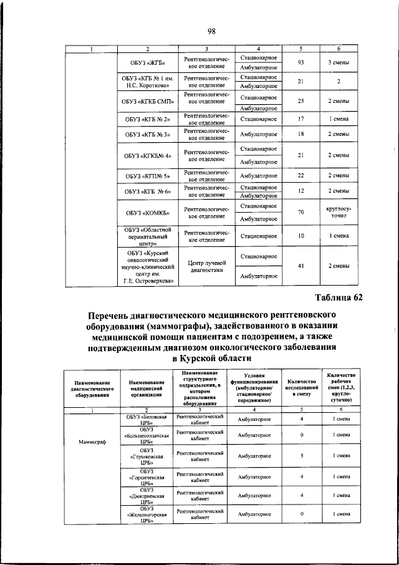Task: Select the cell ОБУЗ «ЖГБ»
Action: pyautogui.click(x=148, y=63)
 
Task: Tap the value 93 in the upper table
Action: pyautogui.click(x=300, y=63)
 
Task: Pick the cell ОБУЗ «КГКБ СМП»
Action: pyautogui.click(x=148, y=101)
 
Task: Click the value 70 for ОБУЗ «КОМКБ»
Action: pyautogui.click(x=300, y=212)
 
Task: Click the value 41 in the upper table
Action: pyautogui.click(x=300, y=267)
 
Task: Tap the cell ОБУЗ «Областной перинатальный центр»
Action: pyautogui.click(x=148, y=236)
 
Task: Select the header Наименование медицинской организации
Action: pyautogui.click(x=147, y=389)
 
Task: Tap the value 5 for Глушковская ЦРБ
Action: pyautogui.click(x=300, y=456)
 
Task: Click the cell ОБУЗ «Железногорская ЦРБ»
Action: pyautogui.click(x=147, y=514)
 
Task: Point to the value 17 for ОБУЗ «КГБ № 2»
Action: pyautogui.click(x=300, y=118)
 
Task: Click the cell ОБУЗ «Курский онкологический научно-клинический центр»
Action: pyautogui.click(x=148, y=267)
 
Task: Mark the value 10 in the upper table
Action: pyautogui.click(x=300, y=236)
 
